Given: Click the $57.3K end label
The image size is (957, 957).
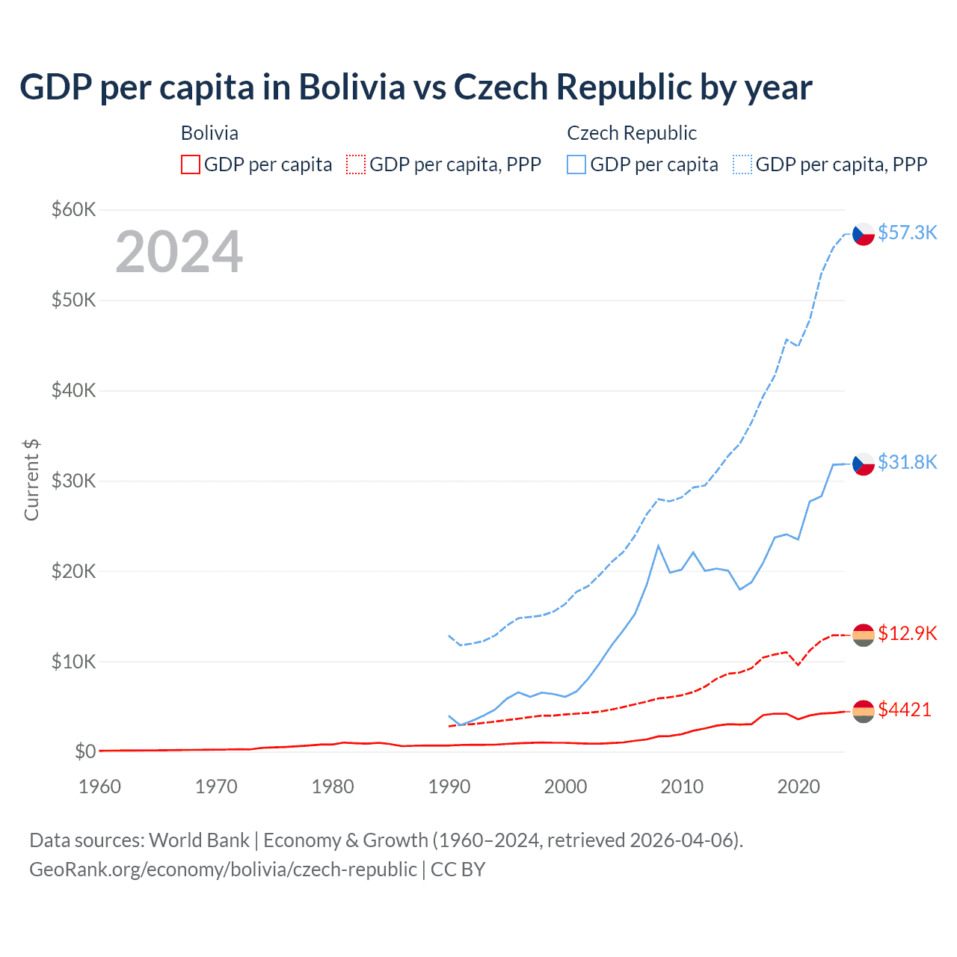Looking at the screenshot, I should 907,233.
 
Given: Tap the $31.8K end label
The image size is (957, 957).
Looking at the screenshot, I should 907,462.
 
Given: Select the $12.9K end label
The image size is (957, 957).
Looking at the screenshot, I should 907,633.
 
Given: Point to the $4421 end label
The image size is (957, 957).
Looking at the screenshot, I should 905,710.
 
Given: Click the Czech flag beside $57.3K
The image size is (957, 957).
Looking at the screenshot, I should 864,234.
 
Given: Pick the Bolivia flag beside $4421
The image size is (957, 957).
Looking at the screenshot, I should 864,711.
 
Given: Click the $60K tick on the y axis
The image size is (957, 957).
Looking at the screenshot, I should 73,209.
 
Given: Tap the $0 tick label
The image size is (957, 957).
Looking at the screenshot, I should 84,751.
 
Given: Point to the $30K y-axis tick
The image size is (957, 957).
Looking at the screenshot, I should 73,481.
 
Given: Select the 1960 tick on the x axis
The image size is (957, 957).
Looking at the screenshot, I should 99,787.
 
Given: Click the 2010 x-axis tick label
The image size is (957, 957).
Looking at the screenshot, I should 682,787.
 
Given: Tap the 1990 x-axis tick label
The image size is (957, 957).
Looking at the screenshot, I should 449,787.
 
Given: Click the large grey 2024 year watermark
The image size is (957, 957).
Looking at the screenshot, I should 179,252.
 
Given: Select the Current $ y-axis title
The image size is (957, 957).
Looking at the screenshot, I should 31,480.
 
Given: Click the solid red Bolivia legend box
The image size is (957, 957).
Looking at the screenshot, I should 191,164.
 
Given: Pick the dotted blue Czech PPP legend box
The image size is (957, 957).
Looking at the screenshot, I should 742,164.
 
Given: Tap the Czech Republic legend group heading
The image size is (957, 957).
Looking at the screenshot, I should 632,133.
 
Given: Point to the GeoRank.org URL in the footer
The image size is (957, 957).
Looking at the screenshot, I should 223,870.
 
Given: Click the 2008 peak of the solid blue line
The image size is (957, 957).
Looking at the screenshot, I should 658,546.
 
